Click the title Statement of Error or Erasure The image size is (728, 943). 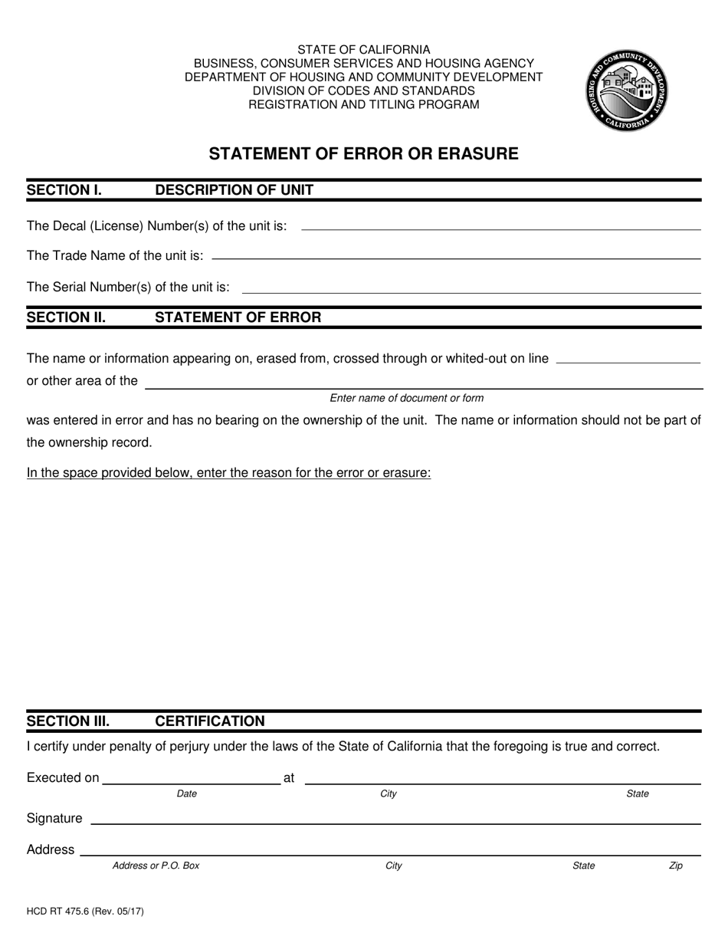coord(363,153)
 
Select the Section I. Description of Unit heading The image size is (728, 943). coord(170,190)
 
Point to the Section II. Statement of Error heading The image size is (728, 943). coord(174,317)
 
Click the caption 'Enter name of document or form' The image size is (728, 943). coord(406,398)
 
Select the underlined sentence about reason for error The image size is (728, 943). coord(228,473)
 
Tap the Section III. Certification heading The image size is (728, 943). coord(146,721)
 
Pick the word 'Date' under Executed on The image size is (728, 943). coord(186,794)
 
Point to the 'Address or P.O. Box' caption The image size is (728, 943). coord(156,866)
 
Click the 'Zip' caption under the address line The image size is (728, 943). coord(675,866)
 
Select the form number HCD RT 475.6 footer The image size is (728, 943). coord(85,912)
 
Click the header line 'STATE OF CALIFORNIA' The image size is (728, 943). coord(363,49)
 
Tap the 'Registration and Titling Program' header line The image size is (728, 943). coord(363,104)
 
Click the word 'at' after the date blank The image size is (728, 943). coord(289,778)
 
